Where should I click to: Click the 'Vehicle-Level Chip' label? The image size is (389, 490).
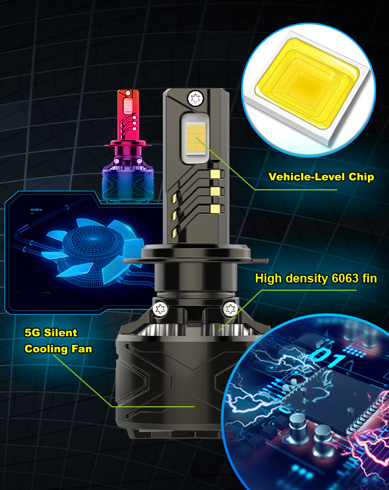[321, 177]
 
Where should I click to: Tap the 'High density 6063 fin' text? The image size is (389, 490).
[316, 279]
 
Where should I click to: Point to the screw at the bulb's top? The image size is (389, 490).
[194, 99]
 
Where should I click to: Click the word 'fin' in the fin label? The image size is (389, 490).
[369, 279]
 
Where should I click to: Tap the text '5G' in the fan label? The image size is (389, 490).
[33, 333]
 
